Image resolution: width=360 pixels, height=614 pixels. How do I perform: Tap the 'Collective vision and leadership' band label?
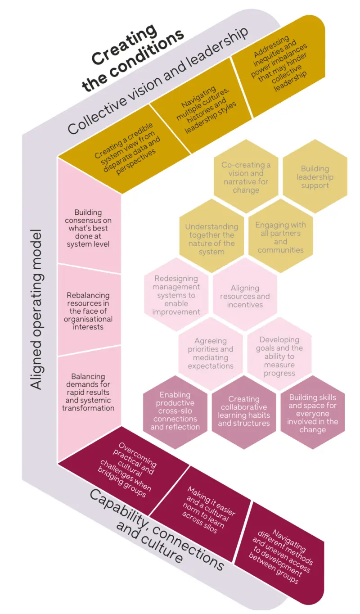157,81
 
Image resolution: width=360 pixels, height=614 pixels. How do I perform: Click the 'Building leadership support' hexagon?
315,176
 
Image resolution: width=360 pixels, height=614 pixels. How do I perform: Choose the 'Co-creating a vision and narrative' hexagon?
246,177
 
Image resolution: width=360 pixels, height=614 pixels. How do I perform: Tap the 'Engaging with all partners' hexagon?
280,237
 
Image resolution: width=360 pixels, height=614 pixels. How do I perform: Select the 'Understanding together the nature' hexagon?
211,239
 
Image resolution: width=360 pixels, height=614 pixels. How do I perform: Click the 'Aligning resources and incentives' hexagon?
245,296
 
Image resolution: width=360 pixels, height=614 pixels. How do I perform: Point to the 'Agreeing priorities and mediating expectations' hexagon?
211,353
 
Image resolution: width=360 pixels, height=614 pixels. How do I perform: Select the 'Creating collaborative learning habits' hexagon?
243,411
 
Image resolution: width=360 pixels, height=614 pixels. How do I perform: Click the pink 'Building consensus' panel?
88,228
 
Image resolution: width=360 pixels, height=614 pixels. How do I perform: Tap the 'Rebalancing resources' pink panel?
88,311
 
